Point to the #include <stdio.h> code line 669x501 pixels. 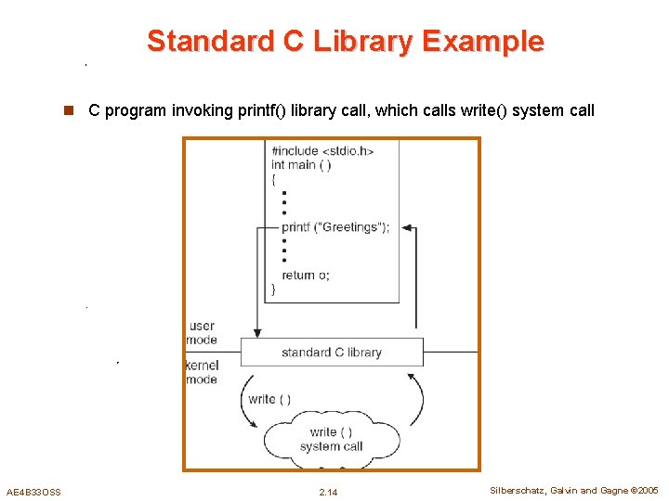tap(322, 150)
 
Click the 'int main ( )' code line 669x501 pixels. tap(301, 165)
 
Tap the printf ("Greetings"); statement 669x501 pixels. tap(335, 227)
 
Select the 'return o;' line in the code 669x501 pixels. tap(306, 275)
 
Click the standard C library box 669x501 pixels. tap(332, 353)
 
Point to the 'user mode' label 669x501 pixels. tap(202, 333)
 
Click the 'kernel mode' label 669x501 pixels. tap(202, 372)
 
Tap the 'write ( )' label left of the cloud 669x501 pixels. tap(269, 399)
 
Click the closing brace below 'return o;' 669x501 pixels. tap(273, 289)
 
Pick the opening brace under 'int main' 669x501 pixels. tap(273, 180)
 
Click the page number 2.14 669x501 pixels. tap(328, 492)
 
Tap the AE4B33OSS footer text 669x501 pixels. tap(33, 492)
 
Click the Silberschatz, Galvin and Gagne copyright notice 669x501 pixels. tap(574, 491)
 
